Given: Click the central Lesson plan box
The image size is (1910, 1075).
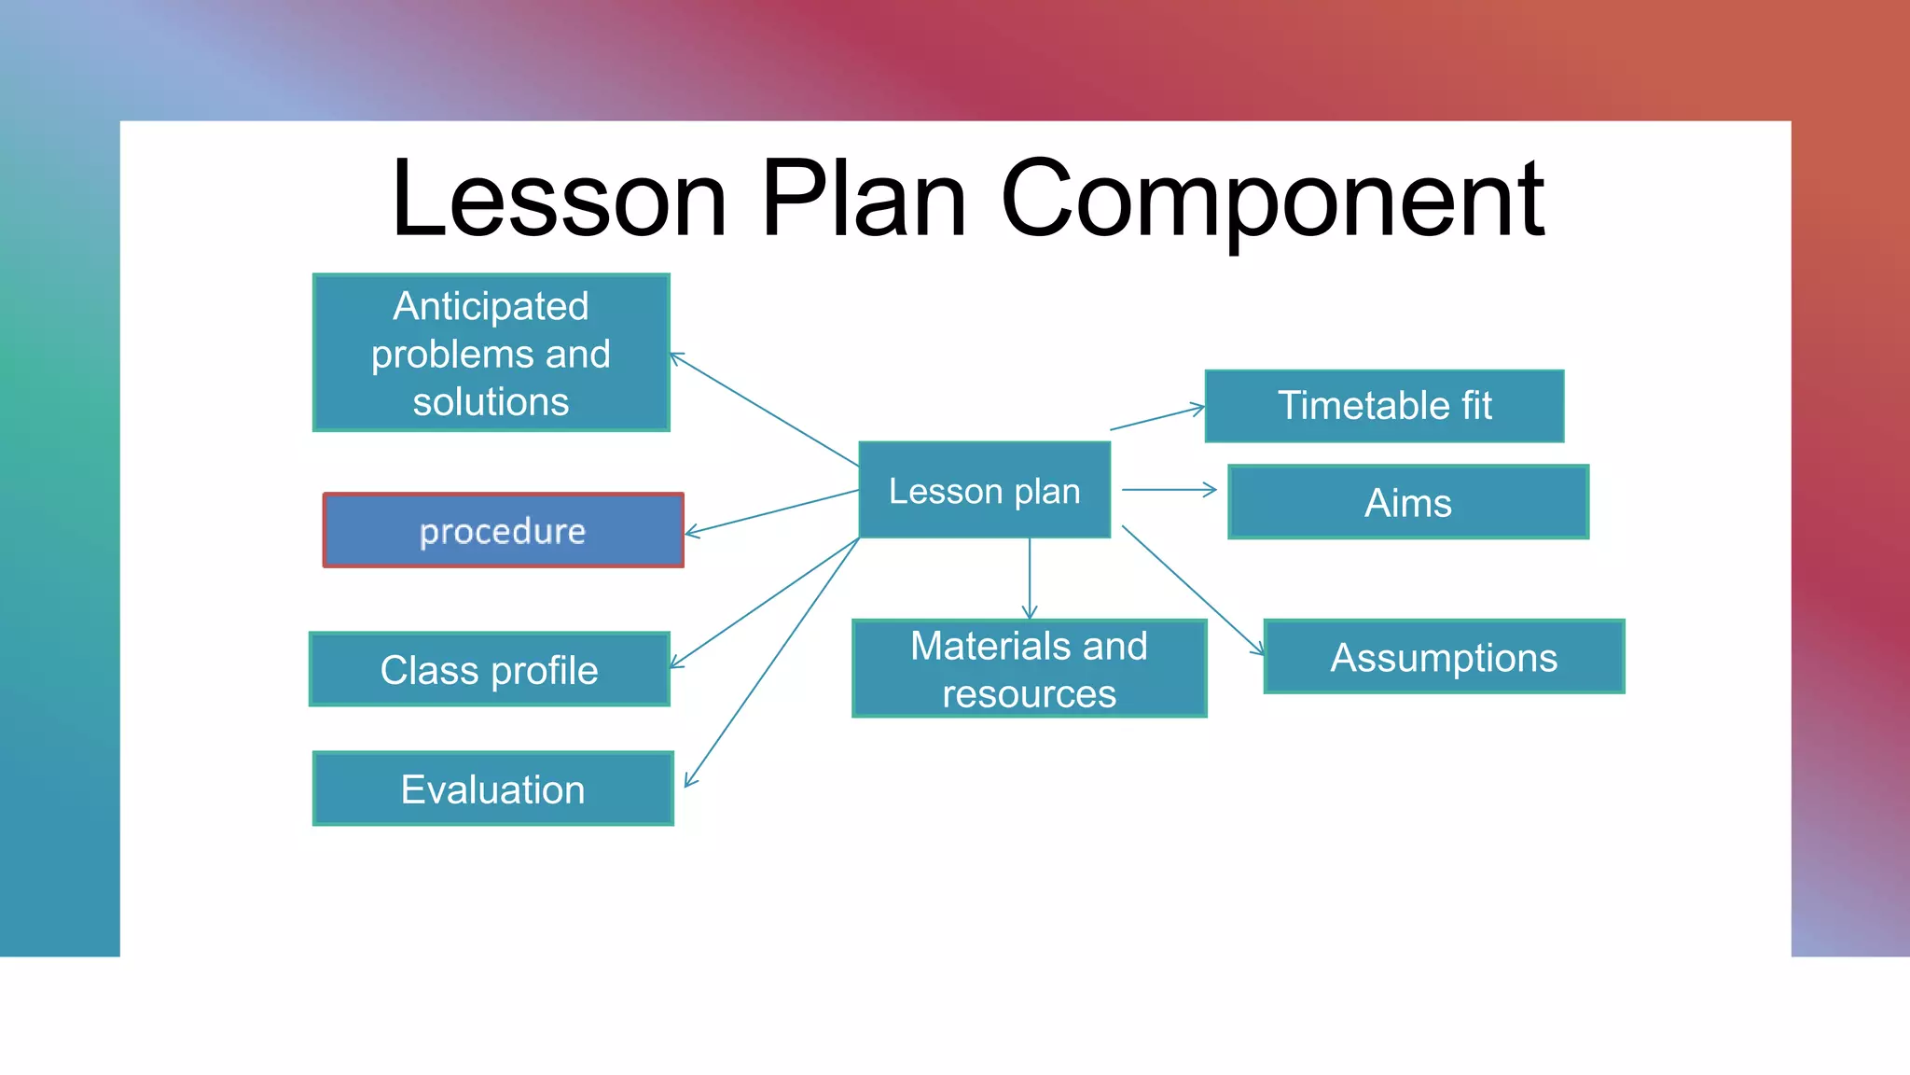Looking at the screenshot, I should (x=984, y=490).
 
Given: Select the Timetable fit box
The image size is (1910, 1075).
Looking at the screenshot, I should (x=1384, y=406).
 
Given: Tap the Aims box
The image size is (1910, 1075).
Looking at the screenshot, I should (x=1407, y=503).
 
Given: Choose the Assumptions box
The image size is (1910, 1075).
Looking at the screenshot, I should (x=1443, y=657).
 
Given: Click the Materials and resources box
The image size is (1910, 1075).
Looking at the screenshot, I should (x=1029, y=669).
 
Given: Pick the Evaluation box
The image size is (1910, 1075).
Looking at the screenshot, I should (x=492, y=789).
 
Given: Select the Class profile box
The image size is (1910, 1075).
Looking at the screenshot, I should (x=489, y=670).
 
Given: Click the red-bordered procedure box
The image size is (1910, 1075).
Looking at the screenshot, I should (x=503, y=531).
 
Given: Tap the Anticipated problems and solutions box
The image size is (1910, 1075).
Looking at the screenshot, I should (x=491, y=353).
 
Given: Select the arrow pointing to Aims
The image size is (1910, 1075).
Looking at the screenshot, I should (x=1169, y=489).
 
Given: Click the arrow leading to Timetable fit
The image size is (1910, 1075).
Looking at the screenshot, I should (x=1156, y=418).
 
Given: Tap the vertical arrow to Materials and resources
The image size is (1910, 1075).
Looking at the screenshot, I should (x=1030, y=579).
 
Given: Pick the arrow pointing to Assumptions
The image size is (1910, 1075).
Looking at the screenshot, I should (x=1193, y=591).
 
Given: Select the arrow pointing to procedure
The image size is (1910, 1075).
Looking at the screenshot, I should (x=771, y=512).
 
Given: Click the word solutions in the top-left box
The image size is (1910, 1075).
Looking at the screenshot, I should (x=491, y=402).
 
